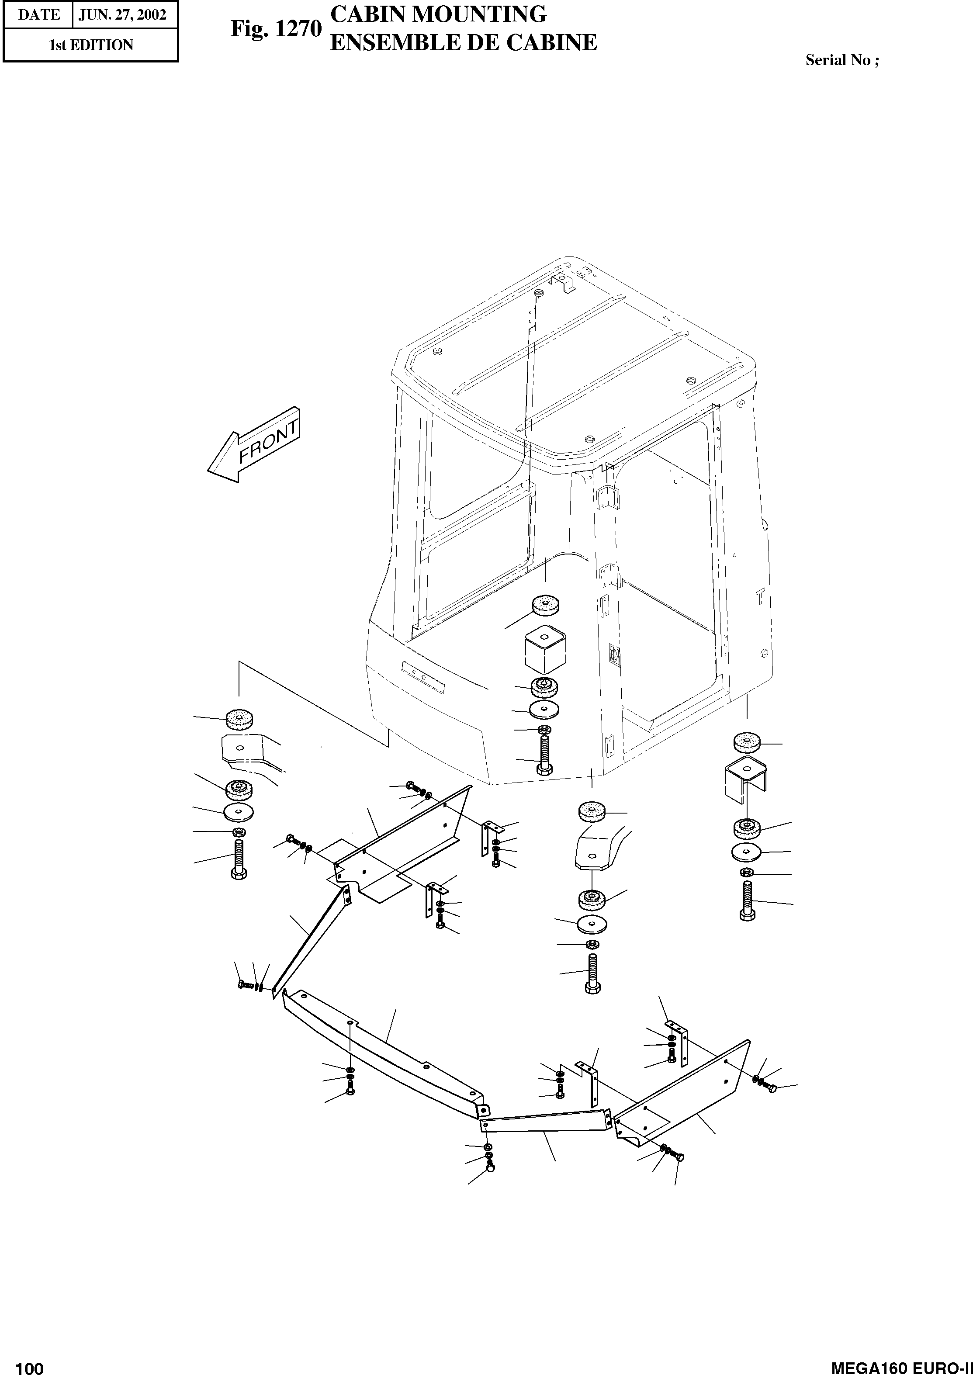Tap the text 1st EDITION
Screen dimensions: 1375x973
click(x=90, y=45)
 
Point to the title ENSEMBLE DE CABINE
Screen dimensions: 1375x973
click(x=463, y=42)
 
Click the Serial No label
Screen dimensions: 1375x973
click(x=842, y=60)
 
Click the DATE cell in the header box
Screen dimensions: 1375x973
click(x=38, y=15)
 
